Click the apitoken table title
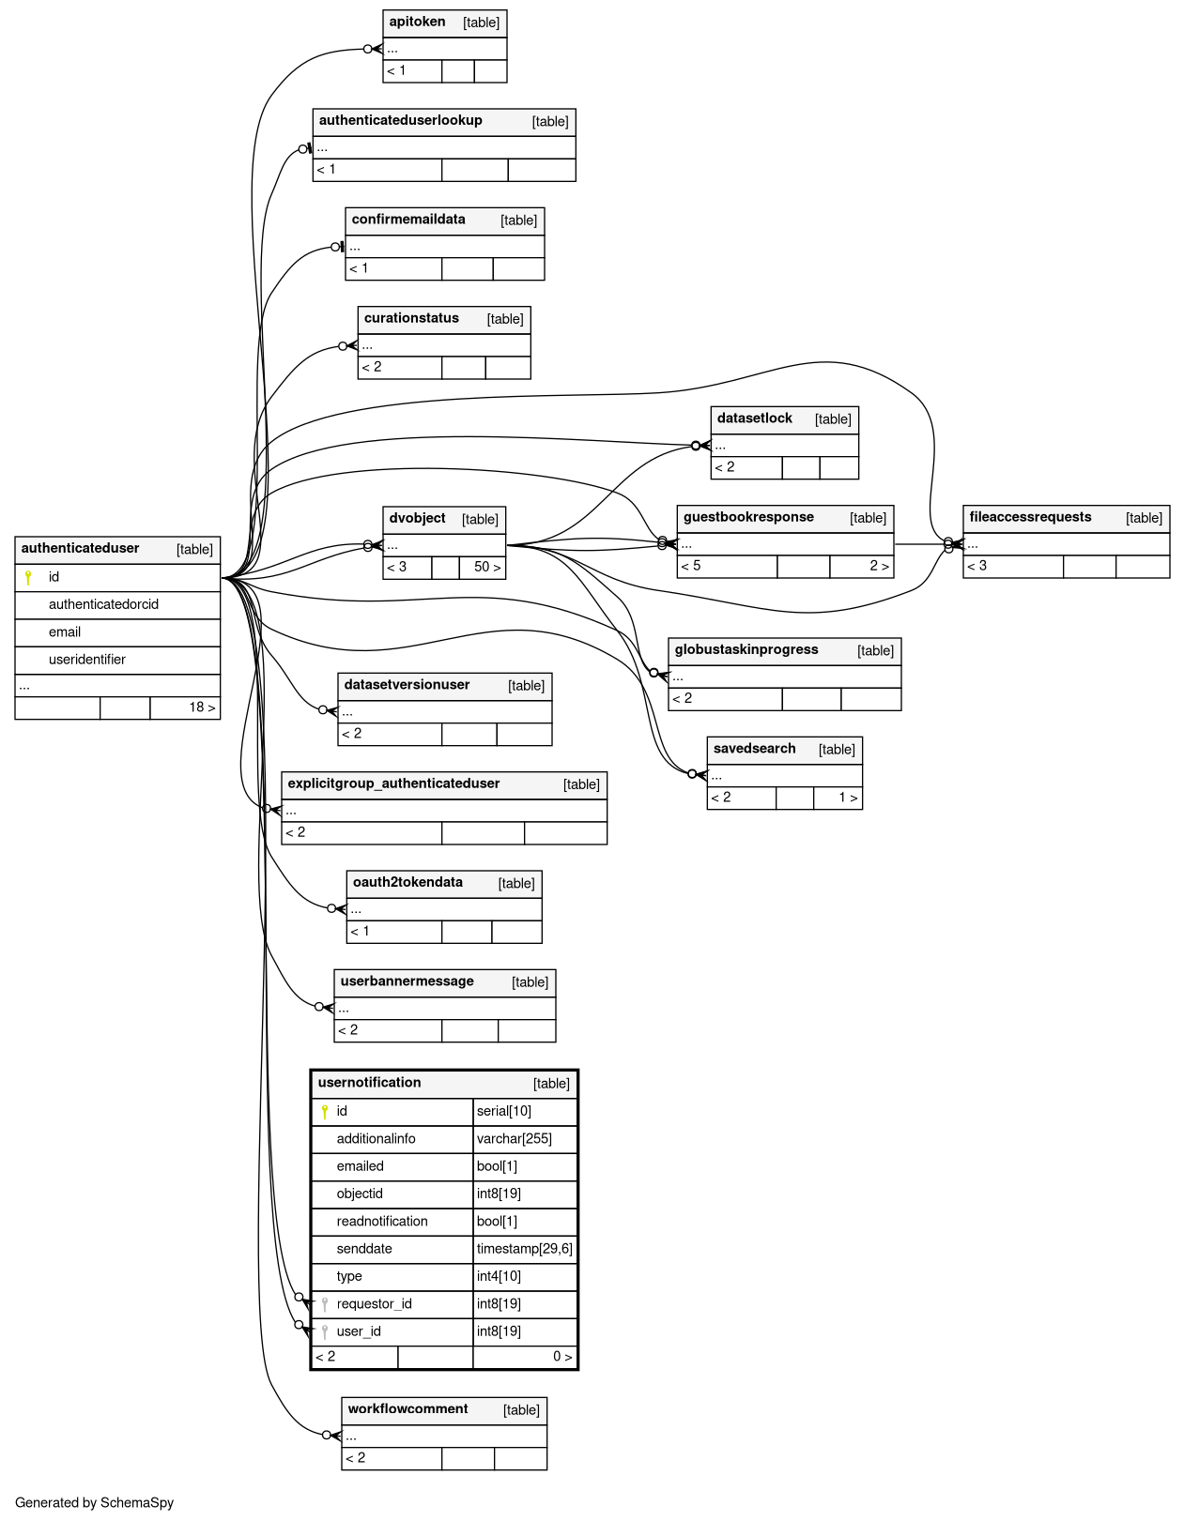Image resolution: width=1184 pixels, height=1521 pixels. point(417,23)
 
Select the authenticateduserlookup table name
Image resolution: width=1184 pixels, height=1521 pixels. point(400,121)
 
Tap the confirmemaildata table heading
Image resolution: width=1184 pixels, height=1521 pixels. point(407,220)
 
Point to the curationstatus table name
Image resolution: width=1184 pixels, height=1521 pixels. point(411,319)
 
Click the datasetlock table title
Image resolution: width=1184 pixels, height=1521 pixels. point(754,418)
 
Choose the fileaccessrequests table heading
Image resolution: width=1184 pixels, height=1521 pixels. point(1030,517)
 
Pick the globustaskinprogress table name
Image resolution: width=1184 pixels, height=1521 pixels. point(746,650)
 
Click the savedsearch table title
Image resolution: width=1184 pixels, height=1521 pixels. point(754,749)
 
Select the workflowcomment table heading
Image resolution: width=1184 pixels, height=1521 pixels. point(407,1409)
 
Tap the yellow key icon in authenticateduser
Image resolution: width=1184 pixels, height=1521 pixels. point(28,577)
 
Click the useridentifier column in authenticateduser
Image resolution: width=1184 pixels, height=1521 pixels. point(86,660)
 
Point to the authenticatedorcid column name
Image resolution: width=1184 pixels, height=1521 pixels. point(103,604)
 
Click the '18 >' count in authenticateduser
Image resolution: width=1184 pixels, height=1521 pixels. point(202,707)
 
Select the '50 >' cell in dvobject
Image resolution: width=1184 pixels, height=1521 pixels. point(486,567)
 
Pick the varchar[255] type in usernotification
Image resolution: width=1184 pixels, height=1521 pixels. point(514,1139)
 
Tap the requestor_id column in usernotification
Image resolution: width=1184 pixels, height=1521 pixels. point(374,1304)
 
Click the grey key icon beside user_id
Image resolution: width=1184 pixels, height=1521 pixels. point(325,1331)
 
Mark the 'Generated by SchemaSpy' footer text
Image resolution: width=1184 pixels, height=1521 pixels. point(94,1503)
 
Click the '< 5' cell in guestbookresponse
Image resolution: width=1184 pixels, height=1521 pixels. point(691,566)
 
